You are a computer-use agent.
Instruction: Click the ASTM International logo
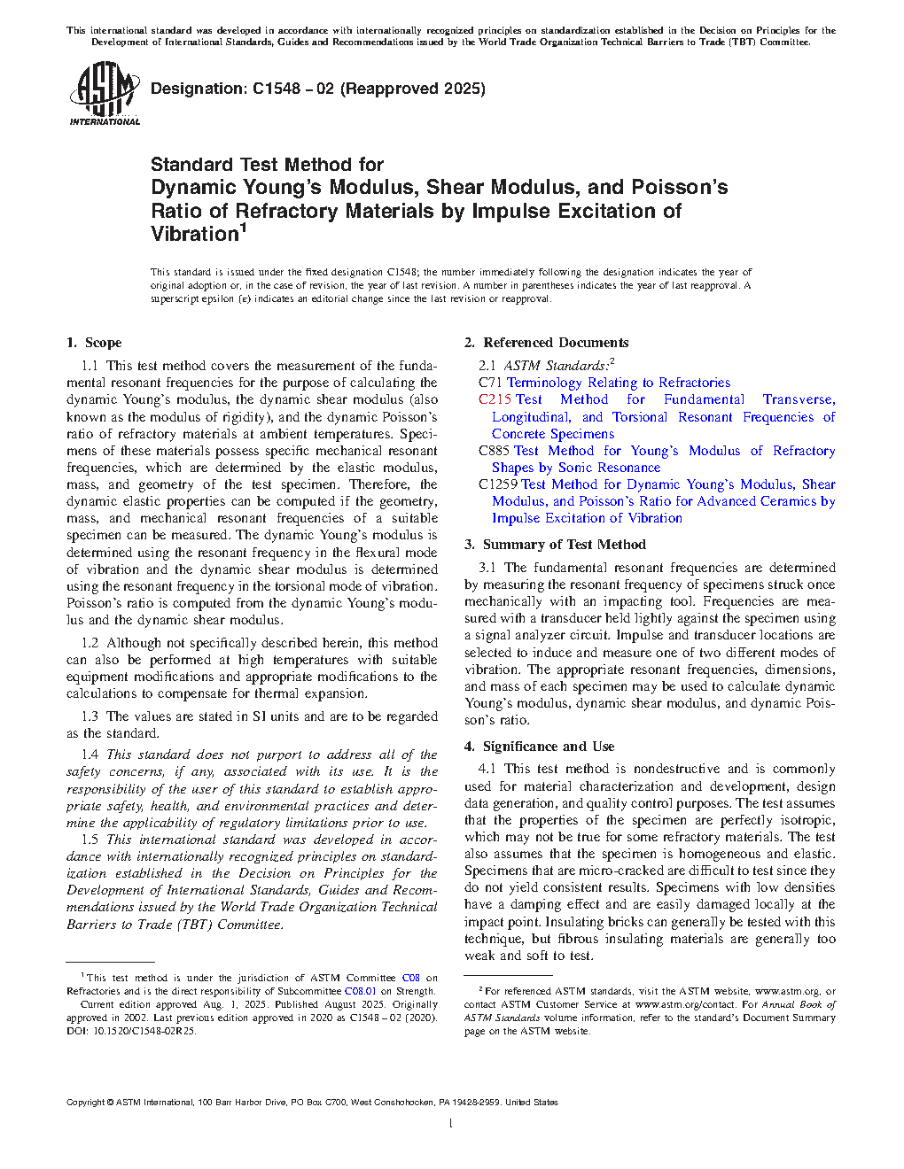pos(104,93)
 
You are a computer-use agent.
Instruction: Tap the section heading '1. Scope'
pos(94,343)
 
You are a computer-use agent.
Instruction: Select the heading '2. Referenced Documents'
pos(547,343)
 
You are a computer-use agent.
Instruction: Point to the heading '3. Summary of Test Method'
pos(555,545)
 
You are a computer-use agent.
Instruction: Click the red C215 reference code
pos(495,399)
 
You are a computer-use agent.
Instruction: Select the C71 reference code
pos(490,383)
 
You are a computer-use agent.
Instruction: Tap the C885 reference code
pos(494,451)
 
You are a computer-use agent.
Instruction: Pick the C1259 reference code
pos(498,484)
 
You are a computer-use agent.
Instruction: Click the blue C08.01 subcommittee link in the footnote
pos(360,991)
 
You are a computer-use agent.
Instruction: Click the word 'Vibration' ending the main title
pos(194,234)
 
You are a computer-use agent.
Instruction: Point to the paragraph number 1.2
pos(90,643)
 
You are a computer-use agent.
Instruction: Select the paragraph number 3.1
pos(487,568)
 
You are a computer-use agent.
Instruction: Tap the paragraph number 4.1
pos(487,769)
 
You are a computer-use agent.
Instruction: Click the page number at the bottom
pos(451,1124)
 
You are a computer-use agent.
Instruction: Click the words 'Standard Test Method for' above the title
pos(267,165)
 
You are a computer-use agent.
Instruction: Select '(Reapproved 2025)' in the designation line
pos(413,89)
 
